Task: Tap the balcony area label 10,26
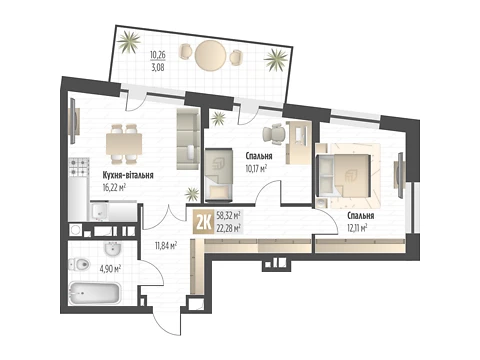[x=158, y=54]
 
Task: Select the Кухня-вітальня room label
[x=128, y=175]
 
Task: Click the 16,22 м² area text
[x=114, y=188]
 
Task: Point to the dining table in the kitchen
[x=124, y=144]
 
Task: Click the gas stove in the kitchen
[x=79, y=167]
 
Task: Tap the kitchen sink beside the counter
[x=99, y=211]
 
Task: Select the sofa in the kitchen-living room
[x=188, y=138]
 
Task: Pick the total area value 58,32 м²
[x=229, y=215]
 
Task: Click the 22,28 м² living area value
[x=229, y=228]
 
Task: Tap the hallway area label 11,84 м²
[x=165, y=246]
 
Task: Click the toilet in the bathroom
[x=79, y=265]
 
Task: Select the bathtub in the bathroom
[x=95, y=293]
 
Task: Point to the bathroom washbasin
[x=113, y=248]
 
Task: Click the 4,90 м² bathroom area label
[x=109, y=268]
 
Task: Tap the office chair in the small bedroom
[x=275, y=134]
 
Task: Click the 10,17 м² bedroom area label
[x=256, y=168]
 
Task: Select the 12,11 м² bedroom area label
[x=357, y=228]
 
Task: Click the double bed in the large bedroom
[x=348, y=175]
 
